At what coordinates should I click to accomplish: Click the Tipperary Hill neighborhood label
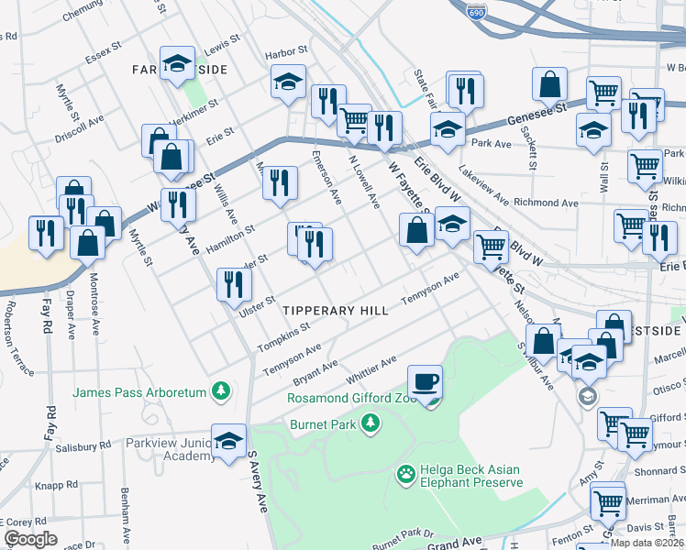(335, 311)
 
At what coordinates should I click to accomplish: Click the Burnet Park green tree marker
(370, 423)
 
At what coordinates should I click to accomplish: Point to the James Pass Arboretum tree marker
(220, 392)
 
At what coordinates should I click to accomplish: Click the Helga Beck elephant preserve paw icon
(404, 474)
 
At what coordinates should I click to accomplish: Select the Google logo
(30, 539)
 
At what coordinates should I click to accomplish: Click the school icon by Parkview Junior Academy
(228, 441)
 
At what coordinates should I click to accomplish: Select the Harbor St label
(283, 55)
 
